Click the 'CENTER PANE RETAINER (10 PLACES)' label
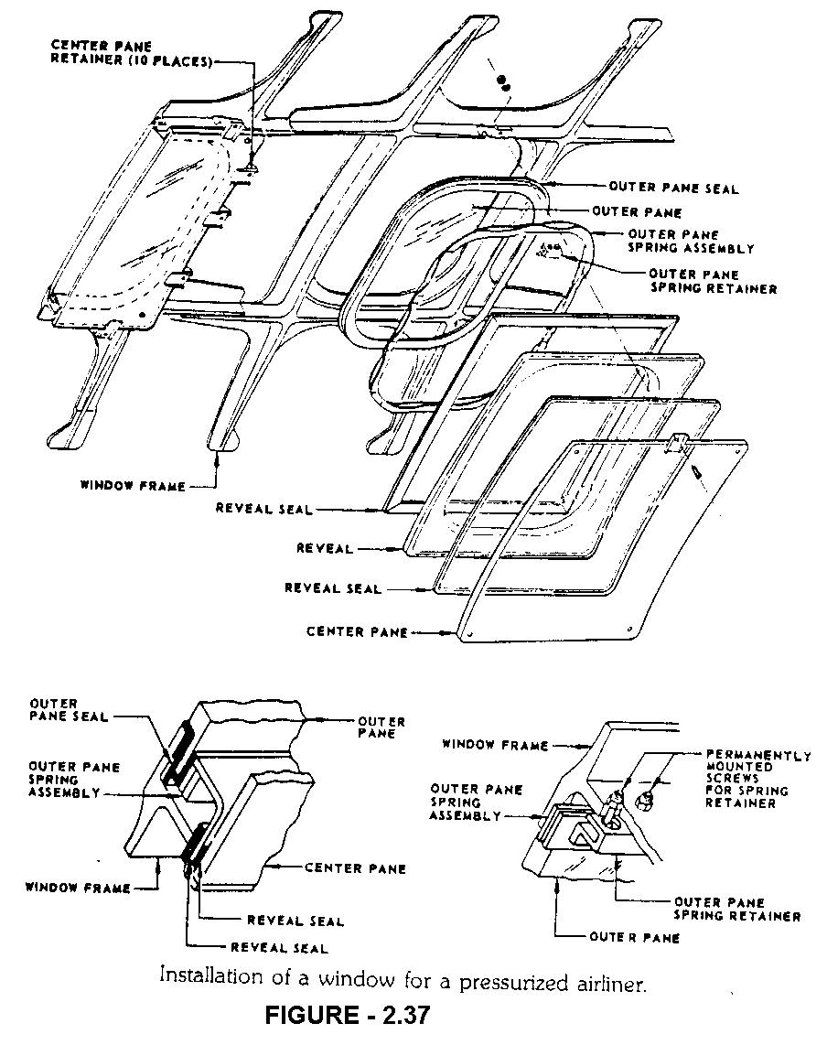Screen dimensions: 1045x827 [x=133, y=54]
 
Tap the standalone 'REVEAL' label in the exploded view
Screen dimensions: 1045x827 [x=324, y=548]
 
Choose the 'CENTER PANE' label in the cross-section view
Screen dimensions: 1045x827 [x=355, y=867]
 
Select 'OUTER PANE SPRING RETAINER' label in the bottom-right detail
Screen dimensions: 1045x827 [x=736, y=909]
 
